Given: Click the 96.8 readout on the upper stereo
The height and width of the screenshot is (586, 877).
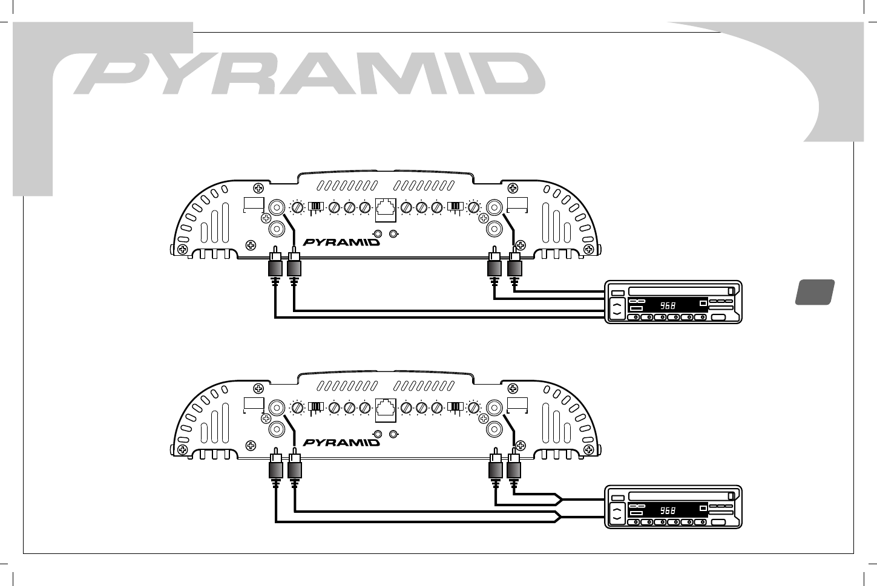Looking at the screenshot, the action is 668,306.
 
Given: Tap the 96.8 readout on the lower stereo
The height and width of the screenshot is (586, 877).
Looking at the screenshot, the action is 668,511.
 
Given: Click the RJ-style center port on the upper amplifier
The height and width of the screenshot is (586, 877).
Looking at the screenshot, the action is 386,209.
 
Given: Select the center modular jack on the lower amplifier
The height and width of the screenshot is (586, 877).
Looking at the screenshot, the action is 386,409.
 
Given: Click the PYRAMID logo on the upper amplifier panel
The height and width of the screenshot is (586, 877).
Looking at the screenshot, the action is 341,242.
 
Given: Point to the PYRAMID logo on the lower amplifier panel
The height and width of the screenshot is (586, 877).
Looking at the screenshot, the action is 341,442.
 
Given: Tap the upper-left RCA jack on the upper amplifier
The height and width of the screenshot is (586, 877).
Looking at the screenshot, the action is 277,207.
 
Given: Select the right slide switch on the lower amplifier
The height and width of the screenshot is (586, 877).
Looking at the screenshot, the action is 455,408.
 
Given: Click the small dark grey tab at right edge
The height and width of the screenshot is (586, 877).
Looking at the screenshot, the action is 815,292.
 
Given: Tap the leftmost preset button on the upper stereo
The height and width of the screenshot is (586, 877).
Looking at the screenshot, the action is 635,317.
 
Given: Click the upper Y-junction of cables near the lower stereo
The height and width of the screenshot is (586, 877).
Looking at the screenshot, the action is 560,500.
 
